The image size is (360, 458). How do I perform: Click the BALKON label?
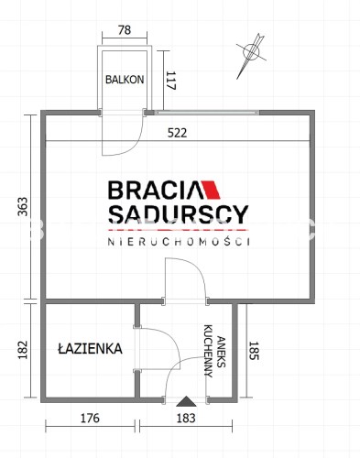(125, 80)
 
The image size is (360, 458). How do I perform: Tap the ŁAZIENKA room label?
(90, 349)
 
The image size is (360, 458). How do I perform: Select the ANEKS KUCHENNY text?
(215, 351)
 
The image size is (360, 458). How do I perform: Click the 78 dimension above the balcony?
(125, 30)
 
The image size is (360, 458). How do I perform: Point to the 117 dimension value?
(171, 81)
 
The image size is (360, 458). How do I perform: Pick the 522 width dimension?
(177, 133)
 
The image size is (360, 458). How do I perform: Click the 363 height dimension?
(23, 207)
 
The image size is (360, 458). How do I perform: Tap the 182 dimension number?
(23, 350)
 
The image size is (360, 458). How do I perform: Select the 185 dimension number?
(254, 351)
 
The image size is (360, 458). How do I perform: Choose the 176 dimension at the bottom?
(90, 419)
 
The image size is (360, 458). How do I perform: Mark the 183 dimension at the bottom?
(186, 418)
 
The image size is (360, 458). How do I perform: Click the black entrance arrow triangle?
(186, 401)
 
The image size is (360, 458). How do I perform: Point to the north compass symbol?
(251, 56)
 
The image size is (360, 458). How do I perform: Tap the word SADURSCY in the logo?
(179, 214)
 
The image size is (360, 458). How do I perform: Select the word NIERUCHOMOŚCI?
(179, 242)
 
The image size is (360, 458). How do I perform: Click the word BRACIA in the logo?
(153, 190)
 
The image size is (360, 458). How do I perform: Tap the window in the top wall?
(206, 113)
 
